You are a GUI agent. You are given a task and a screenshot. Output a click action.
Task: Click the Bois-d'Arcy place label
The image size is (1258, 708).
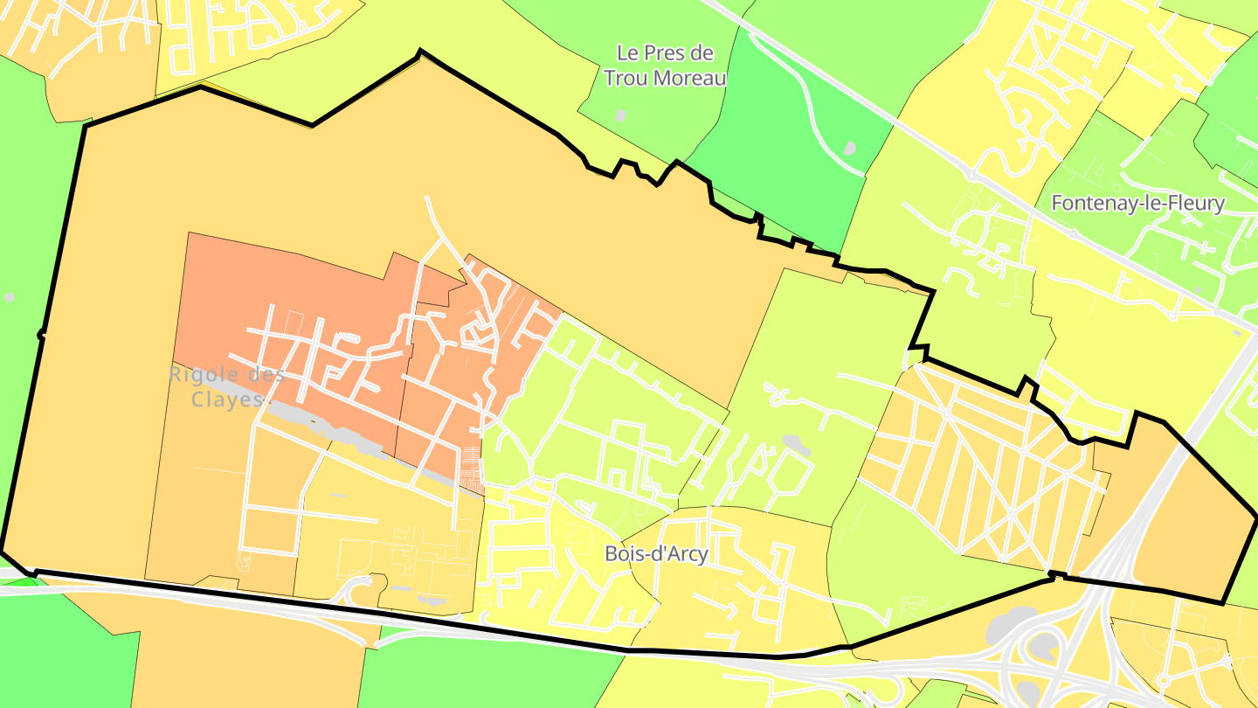point(656,553)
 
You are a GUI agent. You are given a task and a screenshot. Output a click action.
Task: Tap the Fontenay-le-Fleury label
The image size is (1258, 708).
point(1137,204)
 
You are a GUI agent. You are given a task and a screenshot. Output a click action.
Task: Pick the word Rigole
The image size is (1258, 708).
point(226,375)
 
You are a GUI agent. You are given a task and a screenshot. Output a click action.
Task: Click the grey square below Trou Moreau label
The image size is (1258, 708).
point(620,115)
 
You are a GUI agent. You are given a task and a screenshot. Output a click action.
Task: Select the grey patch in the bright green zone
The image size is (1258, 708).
point(849,149)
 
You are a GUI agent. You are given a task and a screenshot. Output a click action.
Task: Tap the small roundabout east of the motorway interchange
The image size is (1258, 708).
point(1163,680)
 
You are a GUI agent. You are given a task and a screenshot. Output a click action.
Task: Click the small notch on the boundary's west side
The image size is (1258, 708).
point(40,334)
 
